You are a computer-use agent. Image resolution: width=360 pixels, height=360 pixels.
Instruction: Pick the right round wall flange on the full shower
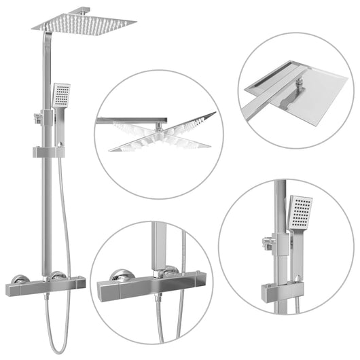coord(59,276)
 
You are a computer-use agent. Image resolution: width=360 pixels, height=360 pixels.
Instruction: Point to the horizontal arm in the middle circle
coord(122,120)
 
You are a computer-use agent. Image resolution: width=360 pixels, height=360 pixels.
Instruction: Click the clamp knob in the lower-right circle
coord(267,239)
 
